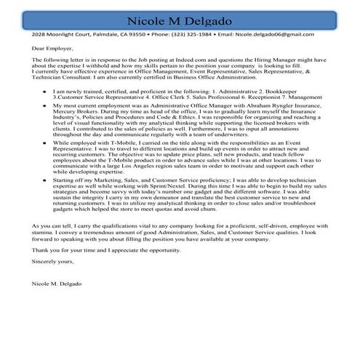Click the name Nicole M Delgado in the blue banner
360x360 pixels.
click(180, 20)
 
